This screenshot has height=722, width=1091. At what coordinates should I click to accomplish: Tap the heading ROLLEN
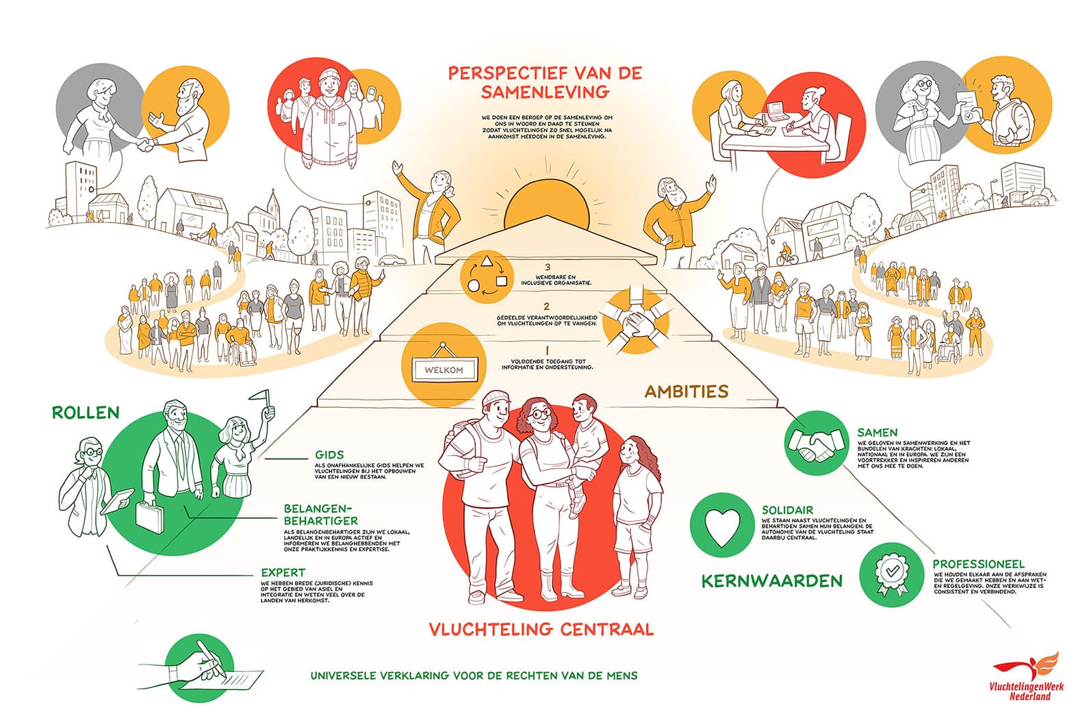[x=86, y=413]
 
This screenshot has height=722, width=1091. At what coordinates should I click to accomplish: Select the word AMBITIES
[x=686, y=391]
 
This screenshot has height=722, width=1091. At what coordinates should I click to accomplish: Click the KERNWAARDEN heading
[x=771, y=582]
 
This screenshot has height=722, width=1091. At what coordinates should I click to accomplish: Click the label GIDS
[x=330, y=454]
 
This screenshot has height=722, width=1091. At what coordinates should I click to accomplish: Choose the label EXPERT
[x=283, y=572]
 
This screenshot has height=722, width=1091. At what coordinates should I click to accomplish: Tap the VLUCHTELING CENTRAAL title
[x=541, y=628]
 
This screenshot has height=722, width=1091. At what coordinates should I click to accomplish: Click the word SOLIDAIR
[x=788, y=510]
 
